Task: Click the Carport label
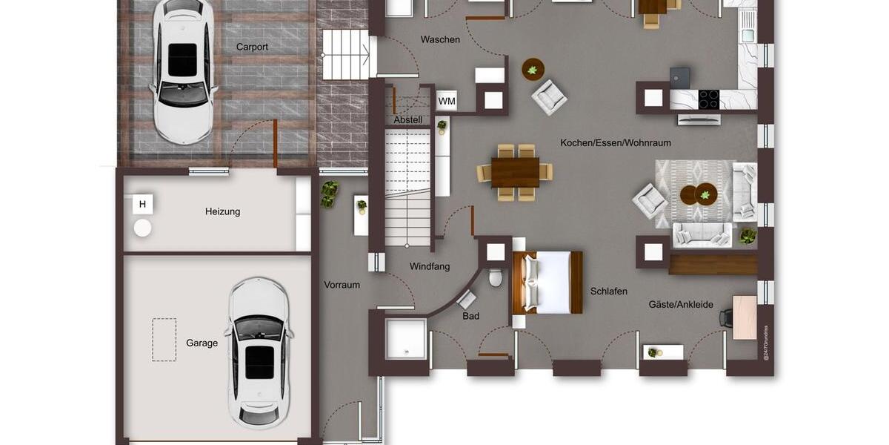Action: pyautogui.click(x=252, y=47)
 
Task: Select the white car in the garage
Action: pyautogui.click(x=259, y=352)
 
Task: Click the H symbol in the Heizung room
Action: pyautogui.click(x=142, y=204)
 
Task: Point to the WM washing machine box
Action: pyautogui.click(x=447, y=101)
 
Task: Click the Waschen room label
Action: pyautogui.click(x=440, y=39)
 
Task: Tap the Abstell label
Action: pyautogui.click(x=408, y=119)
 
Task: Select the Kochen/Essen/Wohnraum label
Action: pyautogui.click(x=616, y=142)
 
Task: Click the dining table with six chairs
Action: pyautogui.click(x=515, y=172)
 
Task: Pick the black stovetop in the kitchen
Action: pyautogui.click(x=709, y=99)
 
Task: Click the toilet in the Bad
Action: pyautogui.click(x=496, y=277)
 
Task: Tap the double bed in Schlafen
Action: pyautogui.click(x=547, y=282)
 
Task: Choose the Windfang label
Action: pyautogui.click(x=430, y=266)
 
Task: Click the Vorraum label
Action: pyautogui.click(x=342, y=284)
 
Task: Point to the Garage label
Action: pyautogui.click(x=202, y=343)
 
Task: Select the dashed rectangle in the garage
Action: pyautogui.click(x=164, y=340)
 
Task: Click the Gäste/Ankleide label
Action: pyautogui.click(x=681, y=304)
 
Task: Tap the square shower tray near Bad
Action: pyautogui.click(x=407, y=339)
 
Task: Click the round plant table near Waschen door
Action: pyautogui.click(x=533, y=70)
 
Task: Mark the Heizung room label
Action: pyautogui.click(x=222, y=211)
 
